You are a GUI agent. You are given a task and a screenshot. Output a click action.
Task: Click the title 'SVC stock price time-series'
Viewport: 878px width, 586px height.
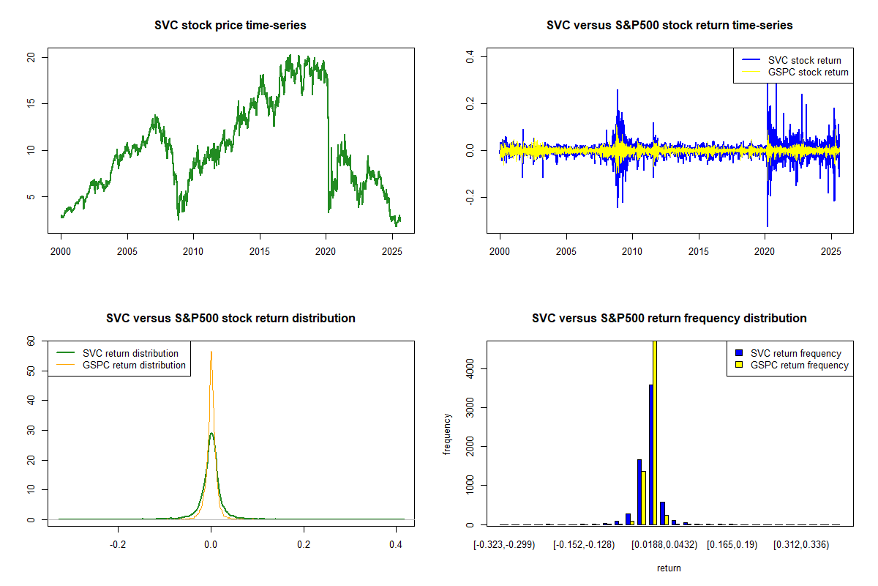click(230, 26)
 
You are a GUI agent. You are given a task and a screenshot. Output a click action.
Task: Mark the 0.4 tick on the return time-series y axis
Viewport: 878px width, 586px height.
click(470, 55)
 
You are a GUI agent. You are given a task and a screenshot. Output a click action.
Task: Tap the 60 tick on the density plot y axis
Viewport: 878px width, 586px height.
click(30, 341)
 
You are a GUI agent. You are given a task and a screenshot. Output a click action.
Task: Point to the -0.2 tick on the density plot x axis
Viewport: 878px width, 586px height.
click(118, 545)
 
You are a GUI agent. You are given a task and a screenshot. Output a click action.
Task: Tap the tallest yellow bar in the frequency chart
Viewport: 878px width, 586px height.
click(655, 432)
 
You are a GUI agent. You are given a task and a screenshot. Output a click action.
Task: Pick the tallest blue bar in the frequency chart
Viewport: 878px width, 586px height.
click(650, 454)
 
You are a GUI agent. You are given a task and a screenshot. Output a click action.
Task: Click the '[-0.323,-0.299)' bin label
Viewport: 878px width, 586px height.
click(505, 545)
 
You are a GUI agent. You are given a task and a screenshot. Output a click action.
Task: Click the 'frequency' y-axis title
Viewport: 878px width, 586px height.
click(447, 434)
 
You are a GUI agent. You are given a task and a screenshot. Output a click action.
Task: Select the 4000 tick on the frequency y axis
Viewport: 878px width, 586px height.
click(470, 371)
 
